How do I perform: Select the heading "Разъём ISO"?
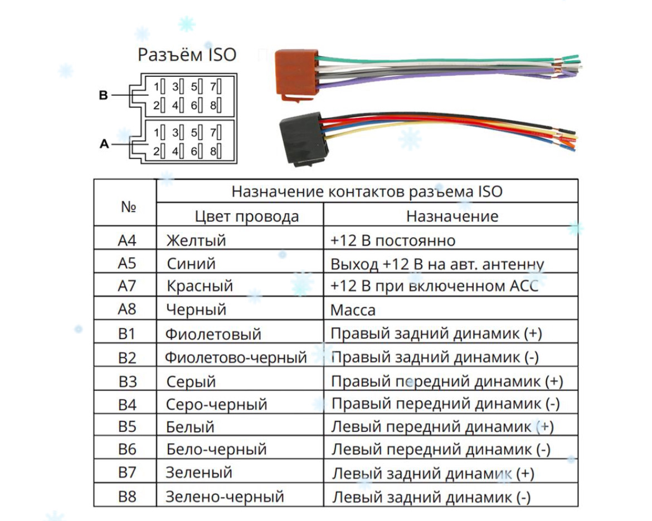(x=187, y=55)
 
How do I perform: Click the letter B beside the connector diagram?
(x=103, y=95)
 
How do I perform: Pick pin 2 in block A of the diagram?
(x=159, y=150)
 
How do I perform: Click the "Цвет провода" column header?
(x=246, y=216)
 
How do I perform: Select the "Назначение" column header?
(x=452, y=216)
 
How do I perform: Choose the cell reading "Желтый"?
(x=196, y=240)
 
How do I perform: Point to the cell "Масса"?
(x=353, y=309)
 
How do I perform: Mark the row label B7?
(x=127, y=473)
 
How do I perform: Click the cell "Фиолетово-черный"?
(x=236, y=357)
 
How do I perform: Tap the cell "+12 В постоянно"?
(x=392, y=240)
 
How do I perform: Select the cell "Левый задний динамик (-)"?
(x=431, y=497)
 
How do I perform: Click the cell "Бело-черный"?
(x=216, y=449)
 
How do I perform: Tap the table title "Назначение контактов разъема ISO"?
(x=367, y=191)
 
